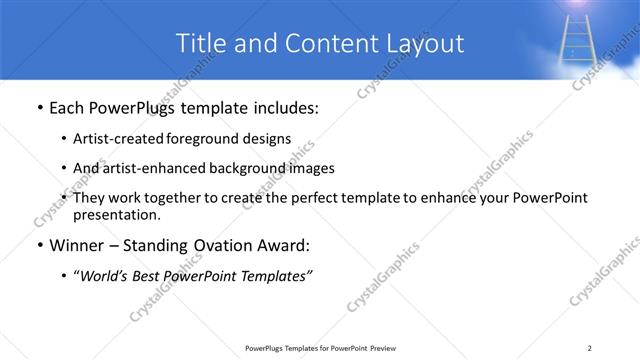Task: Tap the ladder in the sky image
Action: pos(579,40)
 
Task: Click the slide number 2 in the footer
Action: pos(590,347)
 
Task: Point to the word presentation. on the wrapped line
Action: pos(116,214)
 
